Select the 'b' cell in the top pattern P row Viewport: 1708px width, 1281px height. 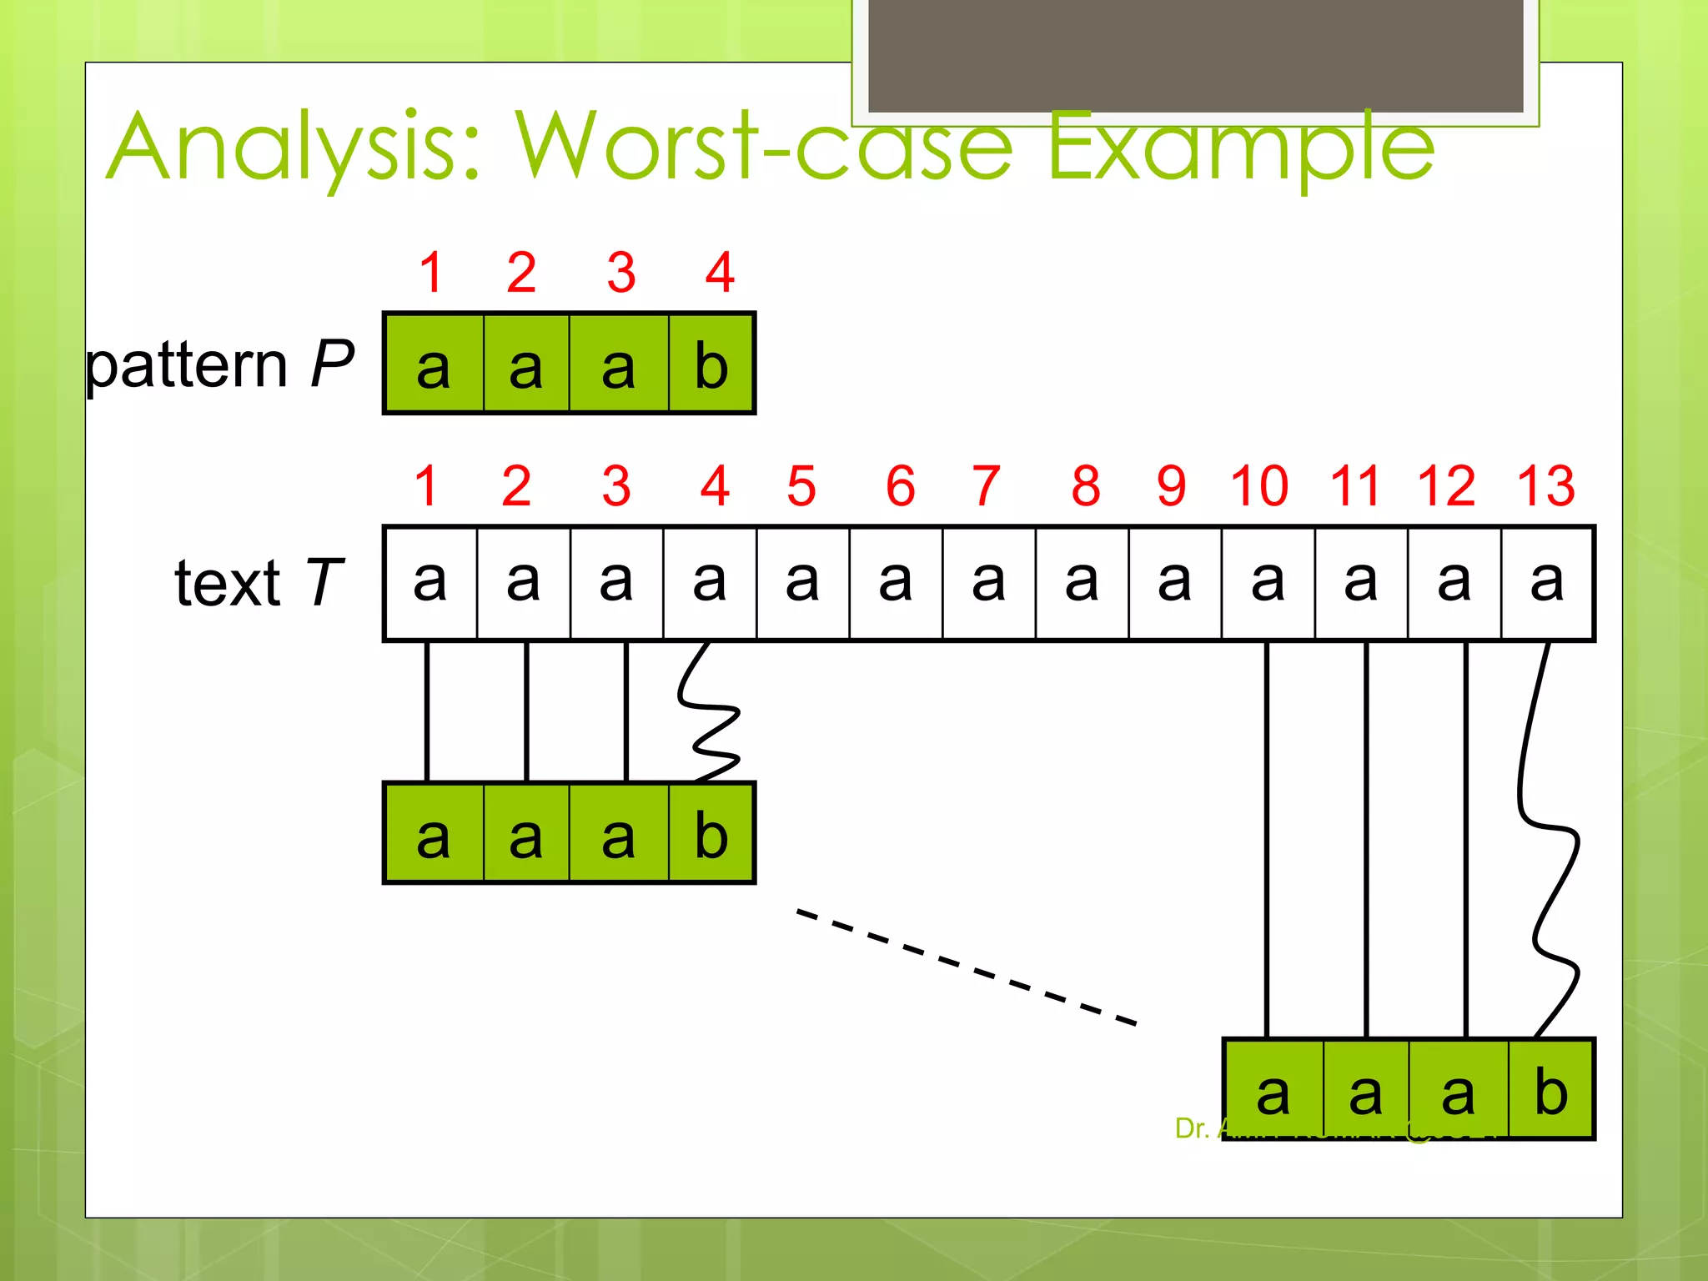point(711,364)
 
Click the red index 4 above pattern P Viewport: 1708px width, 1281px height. point(720,272)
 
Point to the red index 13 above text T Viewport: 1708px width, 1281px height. point(1545,485)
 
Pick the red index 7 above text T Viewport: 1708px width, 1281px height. point(986,485)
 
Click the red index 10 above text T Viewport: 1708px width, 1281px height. point(1259,485)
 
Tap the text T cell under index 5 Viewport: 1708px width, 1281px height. point(802,582)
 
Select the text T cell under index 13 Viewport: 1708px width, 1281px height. point(1547,582)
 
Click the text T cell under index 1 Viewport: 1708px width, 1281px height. point(430,582)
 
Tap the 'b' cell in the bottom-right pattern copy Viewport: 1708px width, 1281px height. point(1551,1091)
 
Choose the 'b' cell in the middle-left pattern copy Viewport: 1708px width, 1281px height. point(711,834)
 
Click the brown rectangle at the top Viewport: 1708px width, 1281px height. point(1196,55)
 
